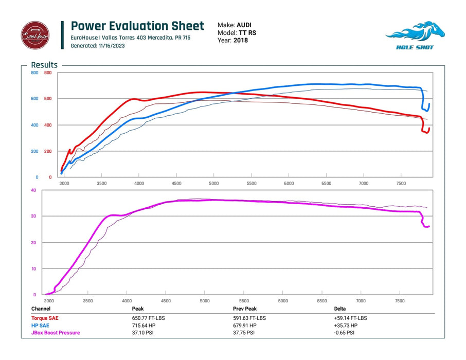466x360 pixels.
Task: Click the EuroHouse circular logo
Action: pos(35,35)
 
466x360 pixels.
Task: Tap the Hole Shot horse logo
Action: pos(410,35)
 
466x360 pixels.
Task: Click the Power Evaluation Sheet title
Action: pos(137,26)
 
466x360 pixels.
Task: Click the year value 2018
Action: pos(240,40)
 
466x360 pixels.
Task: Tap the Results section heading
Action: pos(44,65)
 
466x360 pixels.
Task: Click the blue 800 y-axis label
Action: pos(34,73)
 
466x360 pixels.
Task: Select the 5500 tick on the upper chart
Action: pos(251,183)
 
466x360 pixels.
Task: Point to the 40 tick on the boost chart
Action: pos(33,190)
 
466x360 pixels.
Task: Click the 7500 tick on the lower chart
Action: pos(400,301)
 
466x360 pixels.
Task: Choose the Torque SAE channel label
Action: pos(45,318)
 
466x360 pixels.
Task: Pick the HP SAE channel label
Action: pos(41,326)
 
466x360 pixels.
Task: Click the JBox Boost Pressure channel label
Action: pos(56,333)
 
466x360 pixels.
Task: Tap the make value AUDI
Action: pos(244,25)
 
